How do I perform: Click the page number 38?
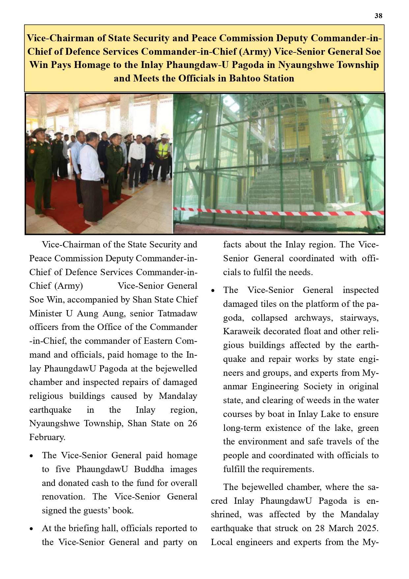click(378, 16)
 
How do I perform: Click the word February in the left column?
click(47, 437)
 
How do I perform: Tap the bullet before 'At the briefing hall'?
click(31, 529)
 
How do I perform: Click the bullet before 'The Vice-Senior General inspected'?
click(213, 291)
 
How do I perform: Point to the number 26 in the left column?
click(192, 423)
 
